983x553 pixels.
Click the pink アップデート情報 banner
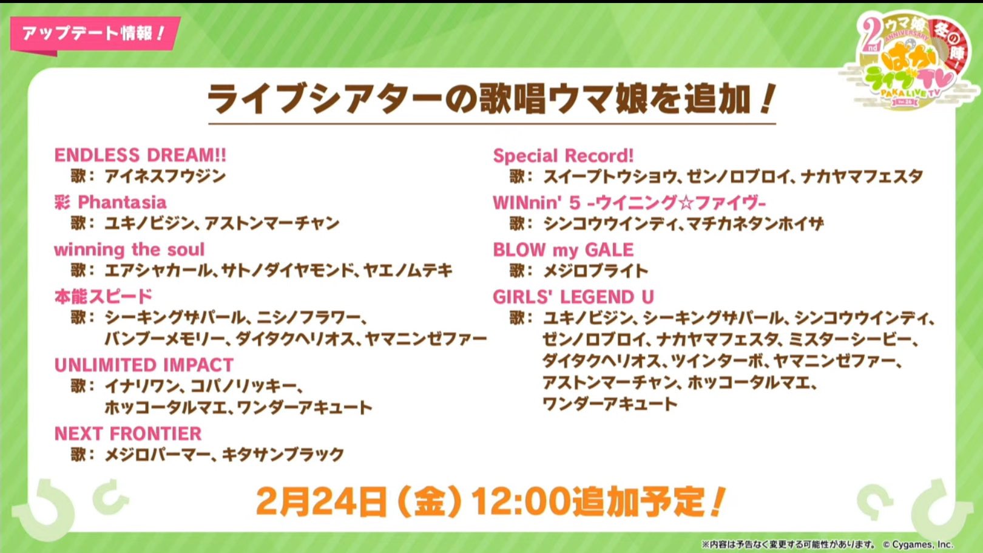94,35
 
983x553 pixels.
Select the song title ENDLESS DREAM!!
140,155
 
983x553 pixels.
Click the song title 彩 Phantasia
110,202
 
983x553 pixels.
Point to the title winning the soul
129,249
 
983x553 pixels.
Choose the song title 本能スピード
103,297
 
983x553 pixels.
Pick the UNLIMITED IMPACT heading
144,365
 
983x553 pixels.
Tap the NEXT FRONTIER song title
128,433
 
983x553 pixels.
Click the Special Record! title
564,156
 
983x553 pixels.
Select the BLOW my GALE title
564,249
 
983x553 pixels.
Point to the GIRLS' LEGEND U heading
573,297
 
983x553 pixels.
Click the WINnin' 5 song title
629,203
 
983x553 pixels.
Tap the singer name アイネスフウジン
165,177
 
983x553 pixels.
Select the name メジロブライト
596,271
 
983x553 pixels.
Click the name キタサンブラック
283,455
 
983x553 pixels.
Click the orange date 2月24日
321,501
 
